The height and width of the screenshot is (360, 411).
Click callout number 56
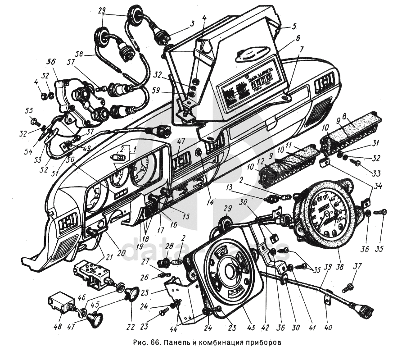point(51,62)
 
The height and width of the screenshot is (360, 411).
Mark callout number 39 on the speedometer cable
point(328,267)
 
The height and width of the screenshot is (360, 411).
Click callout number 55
point(29,110)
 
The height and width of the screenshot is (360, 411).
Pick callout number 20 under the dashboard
point(122,253)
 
